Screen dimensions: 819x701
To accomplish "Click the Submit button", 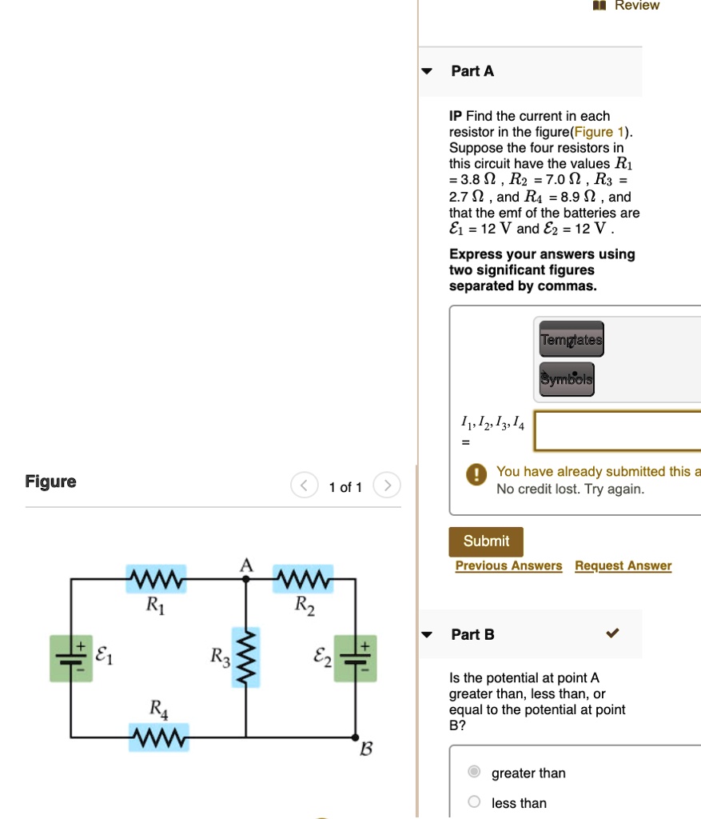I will [x=485, y=541].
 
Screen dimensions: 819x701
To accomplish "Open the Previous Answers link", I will [x=508, y=566].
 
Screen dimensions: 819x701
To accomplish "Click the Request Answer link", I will [x=623, y=566].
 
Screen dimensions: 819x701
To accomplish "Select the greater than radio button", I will [x=474, y=773].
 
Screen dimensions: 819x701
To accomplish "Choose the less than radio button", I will [x=474, y=802].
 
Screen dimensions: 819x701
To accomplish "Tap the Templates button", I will [x=572, y=340].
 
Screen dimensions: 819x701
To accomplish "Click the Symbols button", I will [x=567, y=379].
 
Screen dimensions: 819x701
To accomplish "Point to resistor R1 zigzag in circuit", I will [x=157, y=577].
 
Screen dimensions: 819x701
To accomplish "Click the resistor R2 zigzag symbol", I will [x=304, y=577].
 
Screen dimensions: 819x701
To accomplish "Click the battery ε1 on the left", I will [x=71, y=658].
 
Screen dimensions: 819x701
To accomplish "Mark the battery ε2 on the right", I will [x=355, y=658].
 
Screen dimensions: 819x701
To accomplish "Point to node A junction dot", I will [x=245, y=577].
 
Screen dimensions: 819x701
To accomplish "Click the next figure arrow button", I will [x=387, y=486].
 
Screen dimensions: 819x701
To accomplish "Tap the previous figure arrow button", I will [x=304, y=486].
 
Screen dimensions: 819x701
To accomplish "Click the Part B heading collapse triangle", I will [x=427, y=635].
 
